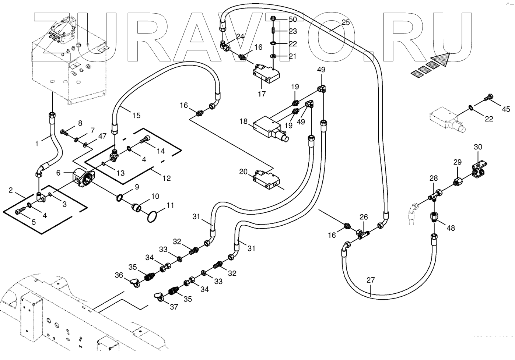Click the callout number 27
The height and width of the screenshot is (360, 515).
(371, 280)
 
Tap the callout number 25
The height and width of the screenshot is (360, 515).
(345, 22)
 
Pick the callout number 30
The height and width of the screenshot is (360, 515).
(478, 147)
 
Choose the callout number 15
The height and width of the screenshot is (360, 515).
(136, 116)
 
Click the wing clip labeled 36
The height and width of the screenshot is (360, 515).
(134, 283)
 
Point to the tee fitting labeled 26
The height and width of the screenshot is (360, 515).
(362, 233)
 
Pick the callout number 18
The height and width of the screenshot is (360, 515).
(244, 121)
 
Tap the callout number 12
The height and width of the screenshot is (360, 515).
(167, 178)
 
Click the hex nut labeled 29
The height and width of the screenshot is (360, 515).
(457, 182)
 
